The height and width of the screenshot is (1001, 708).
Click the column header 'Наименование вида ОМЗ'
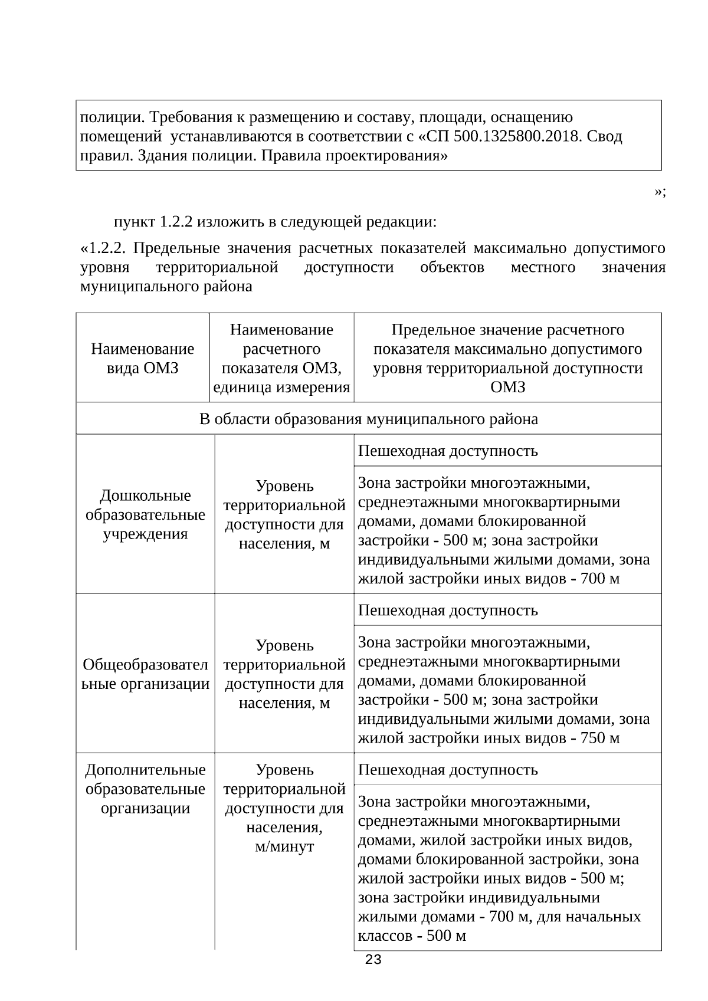point(142,358)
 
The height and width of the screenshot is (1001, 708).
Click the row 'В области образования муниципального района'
point(368,419)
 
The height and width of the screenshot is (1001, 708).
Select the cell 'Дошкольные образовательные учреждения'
point(145,514)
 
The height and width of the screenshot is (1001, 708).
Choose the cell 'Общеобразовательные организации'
point(145,674)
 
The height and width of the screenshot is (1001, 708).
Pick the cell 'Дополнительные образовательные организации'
point(145,789)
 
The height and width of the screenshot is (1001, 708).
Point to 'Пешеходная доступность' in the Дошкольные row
point(448,451)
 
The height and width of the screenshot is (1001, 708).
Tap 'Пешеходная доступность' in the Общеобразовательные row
point(448,610)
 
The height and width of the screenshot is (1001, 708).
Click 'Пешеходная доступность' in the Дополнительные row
point(448,770)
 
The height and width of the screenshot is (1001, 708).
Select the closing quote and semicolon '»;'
point(660,192)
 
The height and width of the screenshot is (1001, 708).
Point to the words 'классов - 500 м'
point(412,936)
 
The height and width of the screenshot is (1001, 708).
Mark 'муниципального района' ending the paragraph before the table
point(166,287)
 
